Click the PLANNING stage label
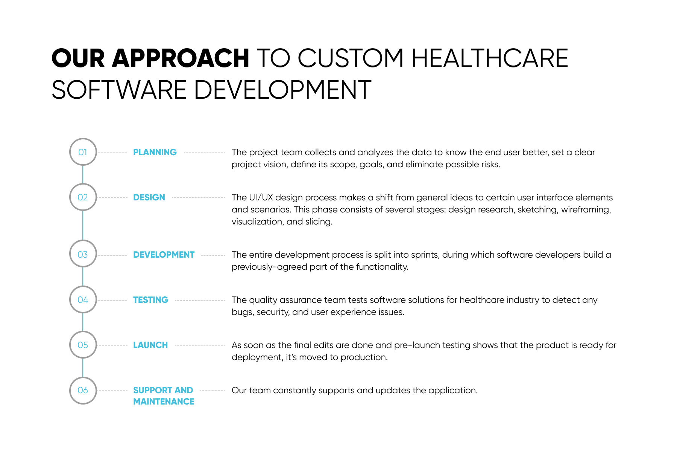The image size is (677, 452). click(155, 152)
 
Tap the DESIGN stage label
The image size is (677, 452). click(149, 197)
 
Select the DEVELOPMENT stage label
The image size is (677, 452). click(164, 255)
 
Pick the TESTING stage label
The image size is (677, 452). click(150, 300)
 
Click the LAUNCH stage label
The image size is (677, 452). click(150, 345)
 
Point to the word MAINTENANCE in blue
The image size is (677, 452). click(164, 402)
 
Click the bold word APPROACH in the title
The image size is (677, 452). click(180, 58)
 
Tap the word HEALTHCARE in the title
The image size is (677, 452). click(490, 58)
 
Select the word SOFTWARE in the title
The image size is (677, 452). click(119, 90)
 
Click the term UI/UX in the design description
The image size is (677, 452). click(261, 197)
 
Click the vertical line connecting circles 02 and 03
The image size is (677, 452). click(83, 225)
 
